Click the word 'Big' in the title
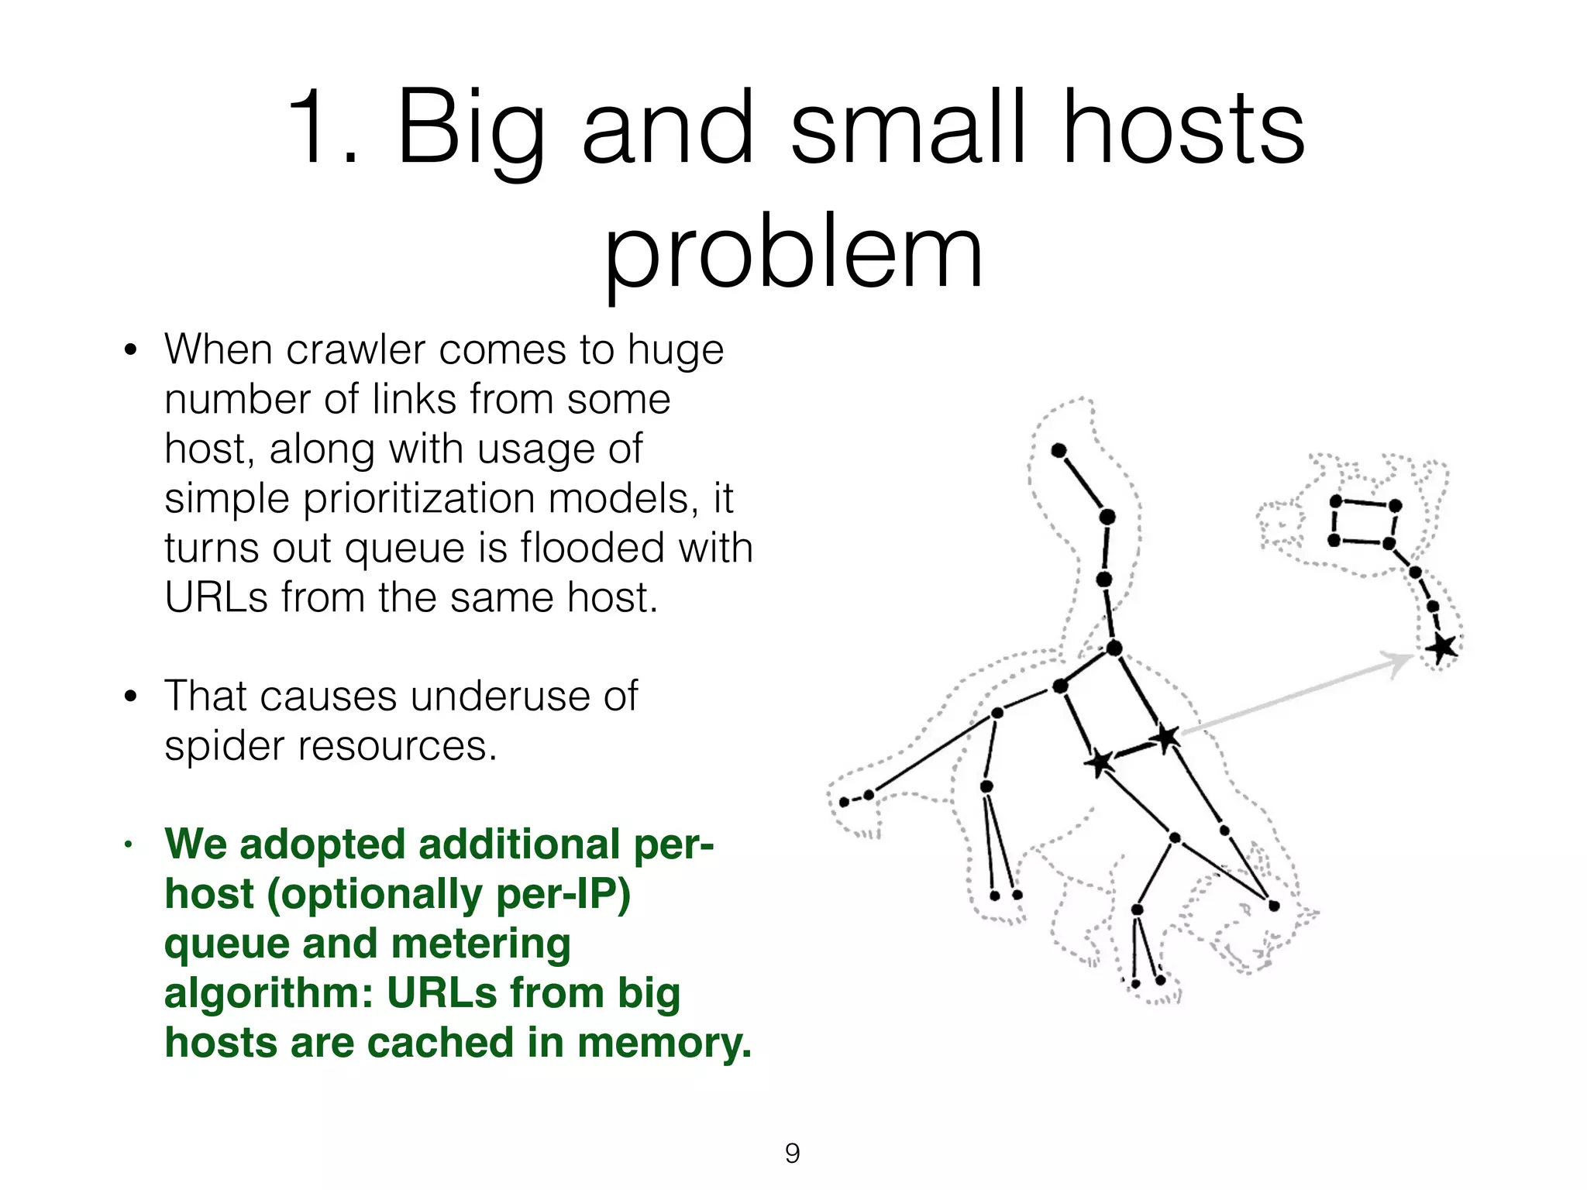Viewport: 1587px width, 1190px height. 470,128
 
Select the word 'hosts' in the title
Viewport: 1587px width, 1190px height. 1183,128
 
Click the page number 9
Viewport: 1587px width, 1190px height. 792,1154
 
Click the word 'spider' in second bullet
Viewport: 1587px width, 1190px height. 225,746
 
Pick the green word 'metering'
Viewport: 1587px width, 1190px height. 480,944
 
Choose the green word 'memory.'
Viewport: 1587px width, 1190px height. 664,1043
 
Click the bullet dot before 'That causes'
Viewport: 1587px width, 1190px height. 130,696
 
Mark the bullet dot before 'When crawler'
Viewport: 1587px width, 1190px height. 130,350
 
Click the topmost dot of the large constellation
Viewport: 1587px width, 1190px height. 1059,451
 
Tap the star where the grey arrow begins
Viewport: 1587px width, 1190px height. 1166,737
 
